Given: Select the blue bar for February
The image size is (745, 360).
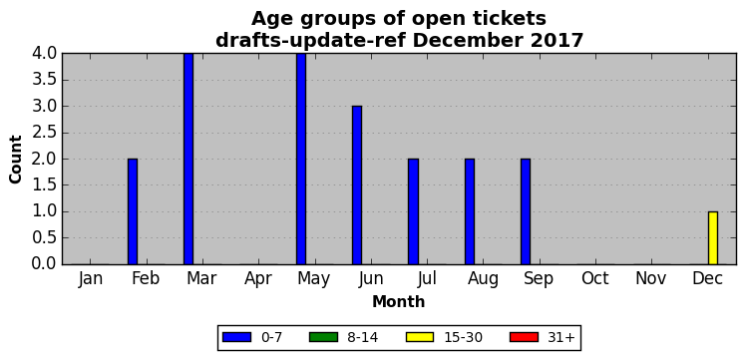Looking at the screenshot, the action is pos(133,211).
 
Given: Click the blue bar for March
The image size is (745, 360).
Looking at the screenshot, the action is pos(188,159).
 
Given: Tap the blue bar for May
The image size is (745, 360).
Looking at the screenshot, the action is pos(301,159).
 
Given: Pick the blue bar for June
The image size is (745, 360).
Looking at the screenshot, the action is pos(357,185).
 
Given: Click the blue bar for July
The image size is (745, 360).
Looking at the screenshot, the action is pos(413,211).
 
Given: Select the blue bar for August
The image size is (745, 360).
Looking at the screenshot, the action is pos(470,211).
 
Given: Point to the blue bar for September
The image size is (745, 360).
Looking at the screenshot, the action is pos(526,211).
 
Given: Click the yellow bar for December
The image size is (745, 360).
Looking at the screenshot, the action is pos(713,238).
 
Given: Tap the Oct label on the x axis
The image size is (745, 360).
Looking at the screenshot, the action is pos(594,279).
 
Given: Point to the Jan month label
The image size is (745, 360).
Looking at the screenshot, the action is pos(91,279).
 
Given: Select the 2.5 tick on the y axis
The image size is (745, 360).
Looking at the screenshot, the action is pos(44,133).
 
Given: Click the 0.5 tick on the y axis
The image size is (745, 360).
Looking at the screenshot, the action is pos(44,238).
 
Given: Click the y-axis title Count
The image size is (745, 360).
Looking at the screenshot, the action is pos(16,160).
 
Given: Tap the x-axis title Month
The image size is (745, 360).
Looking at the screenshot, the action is pos(399,301).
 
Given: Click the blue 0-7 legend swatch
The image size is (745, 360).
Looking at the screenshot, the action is pos(236,337).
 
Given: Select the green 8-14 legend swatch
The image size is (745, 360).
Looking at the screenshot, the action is pos(323,337).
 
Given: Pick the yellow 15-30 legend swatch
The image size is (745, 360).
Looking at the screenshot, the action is pos(420,337).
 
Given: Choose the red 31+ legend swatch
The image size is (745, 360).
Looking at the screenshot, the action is pos(524,337).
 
